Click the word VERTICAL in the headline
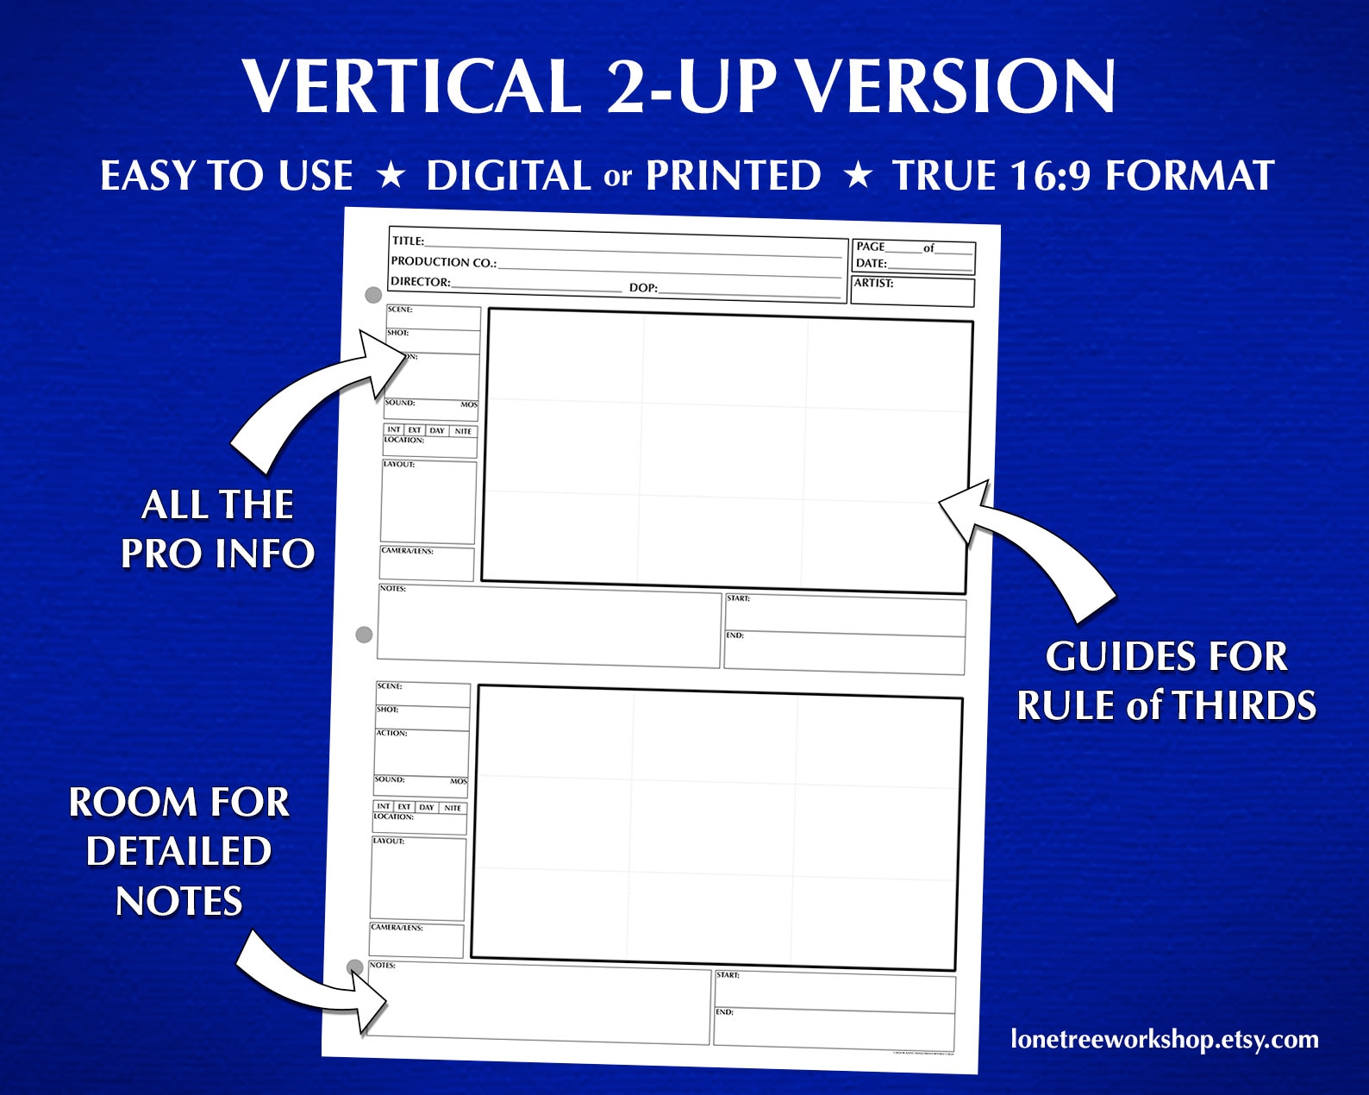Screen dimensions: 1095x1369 point(410,86)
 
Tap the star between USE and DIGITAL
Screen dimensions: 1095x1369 point(391,176)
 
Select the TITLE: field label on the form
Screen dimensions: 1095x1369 point(408,241)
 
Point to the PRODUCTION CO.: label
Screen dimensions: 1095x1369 point(443,262)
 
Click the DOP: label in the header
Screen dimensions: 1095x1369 point(643,288)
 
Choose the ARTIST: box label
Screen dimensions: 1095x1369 point(873,283)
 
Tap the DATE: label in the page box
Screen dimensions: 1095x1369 point(871,263)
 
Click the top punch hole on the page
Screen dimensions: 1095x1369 point(373,295)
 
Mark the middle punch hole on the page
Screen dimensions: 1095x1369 point(364,635)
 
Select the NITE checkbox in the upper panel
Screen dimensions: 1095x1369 point(463,431)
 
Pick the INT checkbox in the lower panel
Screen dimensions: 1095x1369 point(383,806)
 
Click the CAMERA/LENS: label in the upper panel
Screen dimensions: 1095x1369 point(407,550)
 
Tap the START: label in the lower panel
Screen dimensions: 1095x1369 point(728,975)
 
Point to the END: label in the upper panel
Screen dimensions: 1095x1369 point(735,635)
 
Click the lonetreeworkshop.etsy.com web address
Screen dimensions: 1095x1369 point(1164,1040)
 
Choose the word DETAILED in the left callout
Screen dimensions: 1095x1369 point(179,852)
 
